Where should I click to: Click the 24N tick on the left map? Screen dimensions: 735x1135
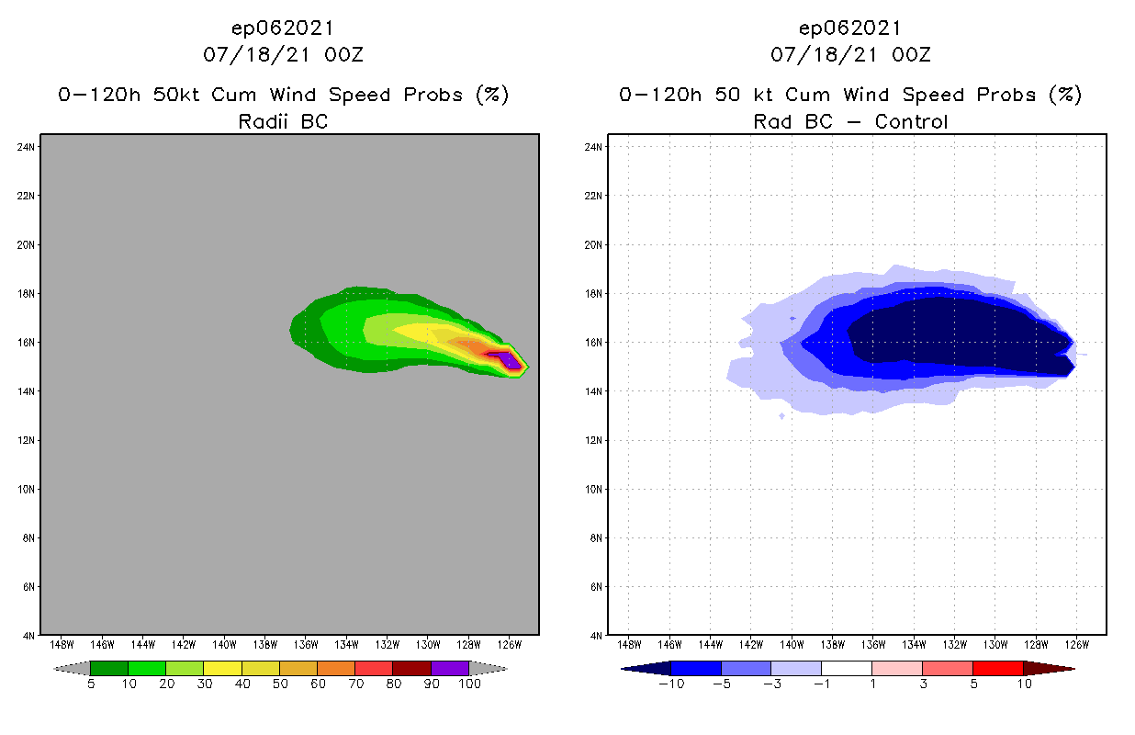27,147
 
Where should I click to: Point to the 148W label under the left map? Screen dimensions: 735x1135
62,643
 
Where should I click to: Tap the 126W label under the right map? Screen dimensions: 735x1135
1077,643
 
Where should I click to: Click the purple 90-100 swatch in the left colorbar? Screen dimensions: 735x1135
450,668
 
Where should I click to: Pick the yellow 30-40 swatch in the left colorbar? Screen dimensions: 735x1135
222,668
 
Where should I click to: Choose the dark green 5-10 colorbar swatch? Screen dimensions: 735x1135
109,668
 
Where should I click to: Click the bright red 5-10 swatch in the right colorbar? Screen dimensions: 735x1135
996,668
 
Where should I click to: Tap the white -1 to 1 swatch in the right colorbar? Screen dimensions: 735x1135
846,668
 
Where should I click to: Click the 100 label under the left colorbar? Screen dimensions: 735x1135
469,684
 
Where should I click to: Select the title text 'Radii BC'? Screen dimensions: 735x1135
283,121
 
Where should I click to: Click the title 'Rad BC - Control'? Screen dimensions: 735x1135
850,121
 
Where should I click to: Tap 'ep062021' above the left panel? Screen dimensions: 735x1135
283,28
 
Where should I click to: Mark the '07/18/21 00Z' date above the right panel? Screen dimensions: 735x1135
850,55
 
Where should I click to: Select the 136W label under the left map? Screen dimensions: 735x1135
306,643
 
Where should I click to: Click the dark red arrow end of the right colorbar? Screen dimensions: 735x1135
1048,668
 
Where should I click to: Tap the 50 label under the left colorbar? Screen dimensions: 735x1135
280,684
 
